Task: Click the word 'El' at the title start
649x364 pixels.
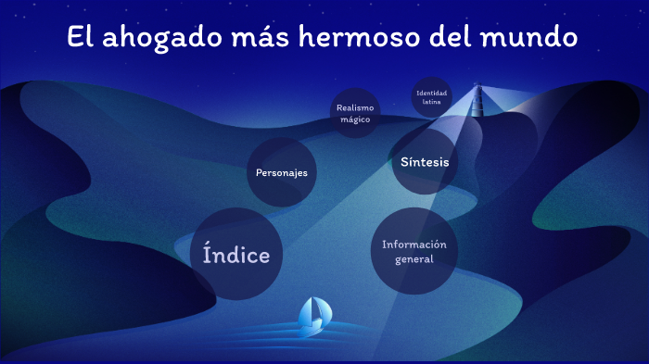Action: coord(80,38)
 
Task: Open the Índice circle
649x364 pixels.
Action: coord(236,255)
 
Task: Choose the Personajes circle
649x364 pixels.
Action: coord(282,172)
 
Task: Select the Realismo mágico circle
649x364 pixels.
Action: coord(356,113)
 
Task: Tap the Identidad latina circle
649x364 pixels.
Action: coord(432,97)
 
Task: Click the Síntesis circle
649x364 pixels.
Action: coord(425,162)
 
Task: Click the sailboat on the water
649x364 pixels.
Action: coord(313,317)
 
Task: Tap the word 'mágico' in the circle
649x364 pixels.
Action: coord(356,119)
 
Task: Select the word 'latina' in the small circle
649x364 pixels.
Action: coord(432,102)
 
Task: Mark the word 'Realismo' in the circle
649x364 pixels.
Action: coord(356,107)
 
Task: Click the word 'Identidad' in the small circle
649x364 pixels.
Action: coord(432,93)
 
